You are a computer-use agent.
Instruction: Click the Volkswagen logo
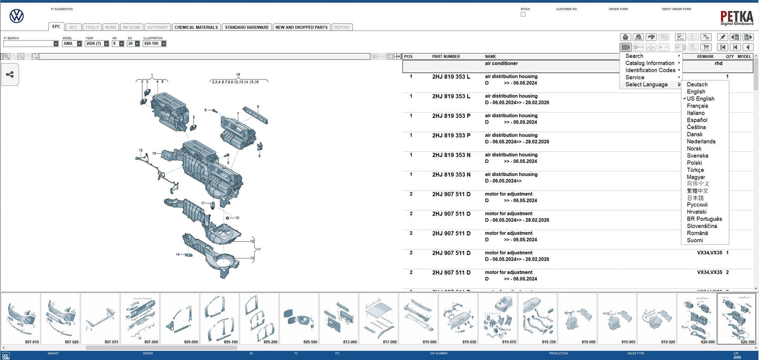coord(17,16)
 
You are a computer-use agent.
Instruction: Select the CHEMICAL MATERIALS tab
coord(196,27)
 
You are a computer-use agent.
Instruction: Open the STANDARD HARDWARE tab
coord(246,27)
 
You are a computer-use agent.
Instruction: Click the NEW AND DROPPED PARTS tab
coord(302,27)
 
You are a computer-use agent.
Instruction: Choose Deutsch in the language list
coord(697,85)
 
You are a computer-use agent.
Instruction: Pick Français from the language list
coord(697,106)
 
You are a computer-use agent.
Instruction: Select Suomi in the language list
coord(695,241)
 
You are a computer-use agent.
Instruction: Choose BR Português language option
coord(704,219)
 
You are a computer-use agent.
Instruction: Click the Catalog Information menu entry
coord(650,63)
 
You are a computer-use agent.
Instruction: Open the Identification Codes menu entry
coord(650,70)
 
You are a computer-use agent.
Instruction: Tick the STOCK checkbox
coord(523,15)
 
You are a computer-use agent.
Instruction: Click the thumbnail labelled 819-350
coord(537,318)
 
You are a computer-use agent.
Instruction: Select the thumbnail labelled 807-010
coord(21,318)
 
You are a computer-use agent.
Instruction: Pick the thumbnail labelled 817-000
coord(379,318)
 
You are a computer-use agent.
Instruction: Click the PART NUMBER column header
coord(446,57)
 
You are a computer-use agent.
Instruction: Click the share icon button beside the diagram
coord(10,75)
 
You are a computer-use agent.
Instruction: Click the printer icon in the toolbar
coord(625,37)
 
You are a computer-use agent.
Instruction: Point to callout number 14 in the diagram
coord(178,254)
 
